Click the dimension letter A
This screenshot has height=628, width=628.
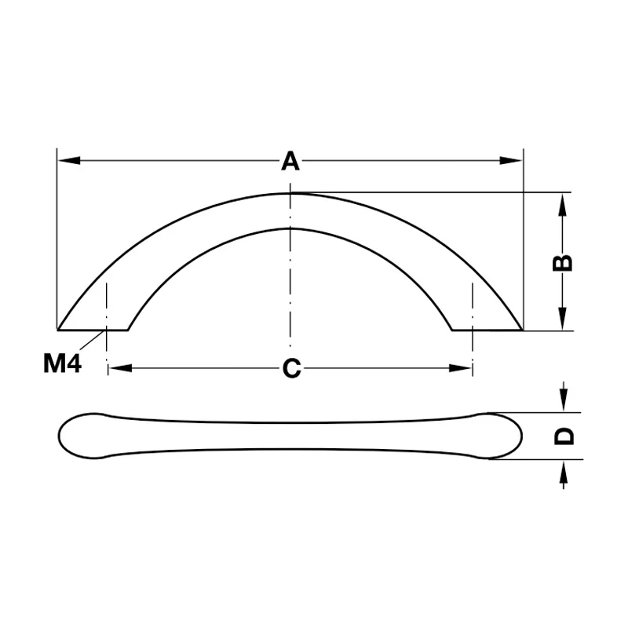pyautogui.click(x=290, y=161)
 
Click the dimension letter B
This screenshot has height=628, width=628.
pyautogui.click(x=563, y=263)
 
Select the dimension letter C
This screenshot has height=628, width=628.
pyautogui.click(x=291, y=368)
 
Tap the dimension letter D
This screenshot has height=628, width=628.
pyautogui.click(x=564, y=436)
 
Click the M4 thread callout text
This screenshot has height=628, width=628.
pyautogui.click(x=63, y=363)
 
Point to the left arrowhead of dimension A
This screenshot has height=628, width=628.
pyautogui.click(x=69, y=161)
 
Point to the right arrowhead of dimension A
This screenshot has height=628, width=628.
pyautogui.click(x=511, y=161)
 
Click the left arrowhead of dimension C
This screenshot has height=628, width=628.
pyautogui.click(x=121, y=368)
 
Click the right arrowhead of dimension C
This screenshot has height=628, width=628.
pyautogui.click(x=460, y=368)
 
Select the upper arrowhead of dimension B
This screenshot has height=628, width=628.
pyautogui.click(x=563, y=204)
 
